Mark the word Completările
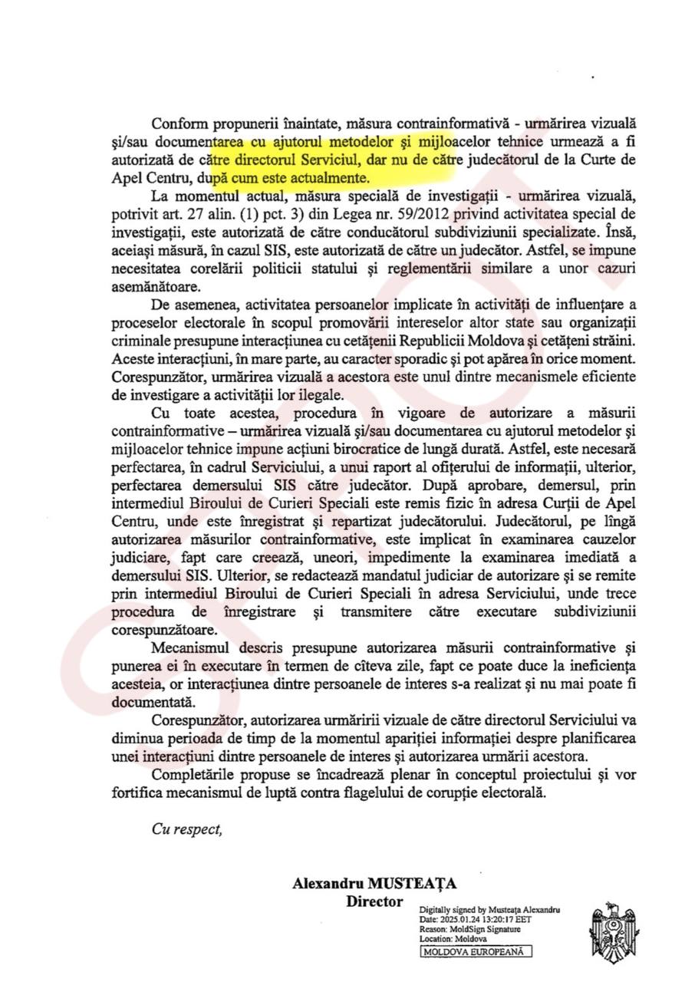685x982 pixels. point(194,774)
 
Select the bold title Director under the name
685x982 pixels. point(374,901)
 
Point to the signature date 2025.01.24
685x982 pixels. point(463,918)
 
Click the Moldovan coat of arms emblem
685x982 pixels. point(613,931)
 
